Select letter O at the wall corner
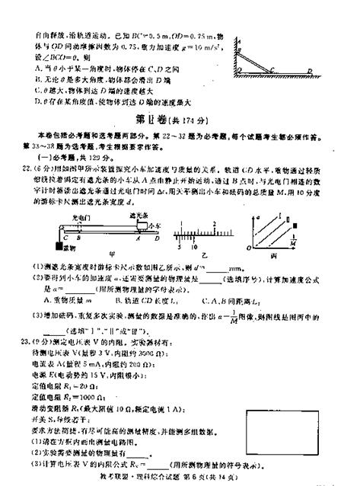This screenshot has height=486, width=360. (x=238, y=70)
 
